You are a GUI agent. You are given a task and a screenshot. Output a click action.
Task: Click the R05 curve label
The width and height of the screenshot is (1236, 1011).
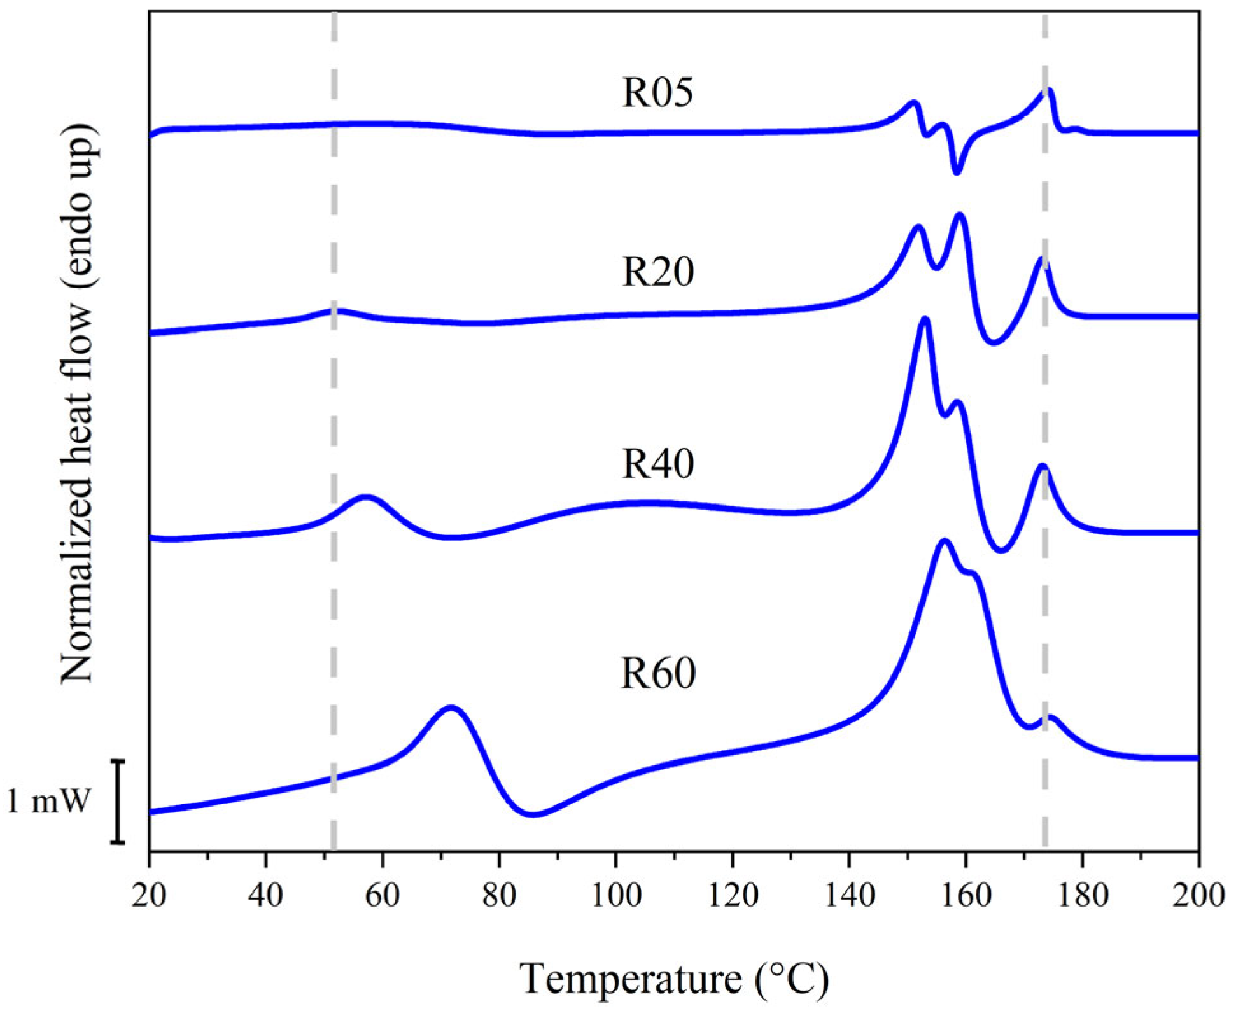click(657, 92)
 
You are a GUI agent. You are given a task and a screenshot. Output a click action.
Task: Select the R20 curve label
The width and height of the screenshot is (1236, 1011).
click(657, 272)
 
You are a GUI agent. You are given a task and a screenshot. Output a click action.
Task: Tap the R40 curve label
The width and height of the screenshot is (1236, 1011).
click(657, 463)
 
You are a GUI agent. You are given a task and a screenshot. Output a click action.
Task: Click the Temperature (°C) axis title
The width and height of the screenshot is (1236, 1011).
click(675, 978)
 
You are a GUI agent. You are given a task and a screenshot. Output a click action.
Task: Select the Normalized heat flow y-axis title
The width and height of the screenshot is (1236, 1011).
click(80, 404)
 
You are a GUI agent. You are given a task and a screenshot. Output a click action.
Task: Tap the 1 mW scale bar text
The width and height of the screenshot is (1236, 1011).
click(49, 801)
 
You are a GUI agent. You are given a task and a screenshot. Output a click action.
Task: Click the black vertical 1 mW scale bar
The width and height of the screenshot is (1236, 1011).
click(118, 802)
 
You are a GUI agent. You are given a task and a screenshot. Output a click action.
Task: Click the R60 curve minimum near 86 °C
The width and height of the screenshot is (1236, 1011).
click(533, 814)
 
